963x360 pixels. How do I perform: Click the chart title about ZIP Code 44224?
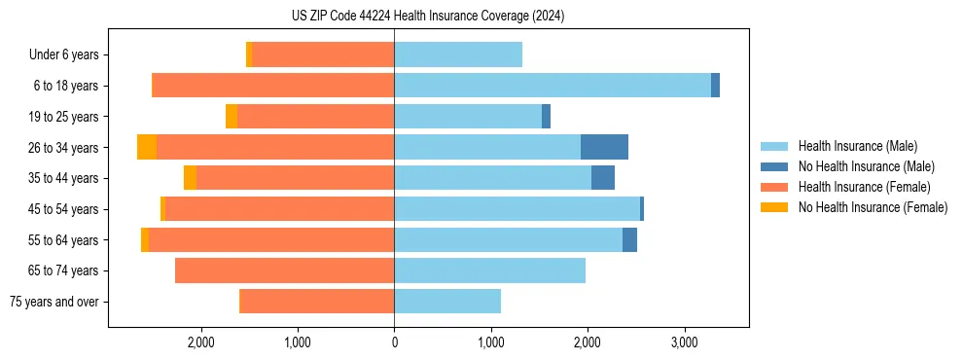(x=427, y=16)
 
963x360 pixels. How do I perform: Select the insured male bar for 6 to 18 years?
(x=553, y=86)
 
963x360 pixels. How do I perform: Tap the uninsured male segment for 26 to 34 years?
(x=604, y=147)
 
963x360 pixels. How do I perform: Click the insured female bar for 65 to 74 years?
(x=284, y=270)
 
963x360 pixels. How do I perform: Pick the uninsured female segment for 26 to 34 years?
(x=147, y=147)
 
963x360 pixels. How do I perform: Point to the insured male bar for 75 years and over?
(x=447, y=302)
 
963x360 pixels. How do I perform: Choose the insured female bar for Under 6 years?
(x=323, y=54)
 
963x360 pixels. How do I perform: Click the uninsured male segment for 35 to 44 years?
(x=603, y=178)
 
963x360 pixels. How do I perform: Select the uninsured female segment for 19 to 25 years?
(x=232, y=117)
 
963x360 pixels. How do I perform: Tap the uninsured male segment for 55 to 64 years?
(x=629, y=239)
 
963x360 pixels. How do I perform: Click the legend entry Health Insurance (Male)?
(x=857, y=146)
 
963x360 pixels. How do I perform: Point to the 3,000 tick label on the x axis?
(x=684, y=342)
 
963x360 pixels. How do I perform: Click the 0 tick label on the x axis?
(x=394, y=342)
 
